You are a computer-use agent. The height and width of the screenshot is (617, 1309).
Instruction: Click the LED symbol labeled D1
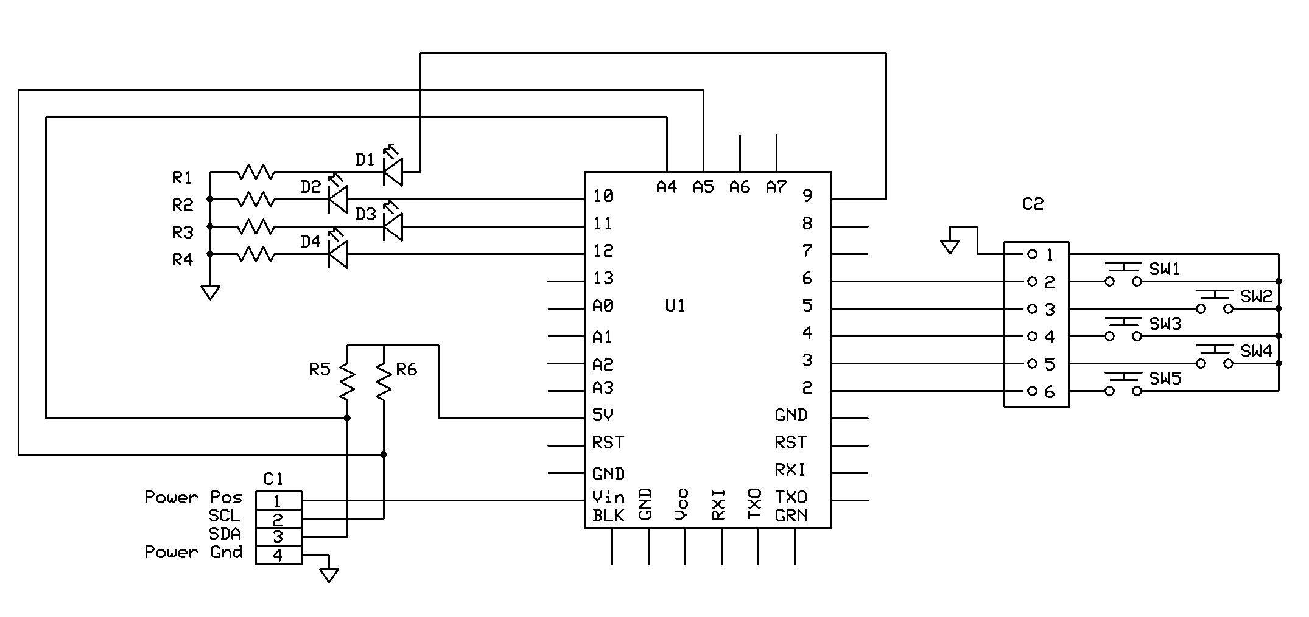tap(393, 172)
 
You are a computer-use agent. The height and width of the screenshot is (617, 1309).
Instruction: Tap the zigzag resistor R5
tap(347, 382)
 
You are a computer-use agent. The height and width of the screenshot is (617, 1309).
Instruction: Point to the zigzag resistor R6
tap(384, 382)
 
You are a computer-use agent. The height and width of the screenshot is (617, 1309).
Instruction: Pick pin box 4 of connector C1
tap(278, 556)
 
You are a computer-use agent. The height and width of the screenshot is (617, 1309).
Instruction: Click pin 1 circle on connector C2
tap(1032, 254)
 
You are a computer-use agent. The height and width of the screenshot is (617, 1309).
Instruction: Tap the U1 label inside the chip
tap(675, 305)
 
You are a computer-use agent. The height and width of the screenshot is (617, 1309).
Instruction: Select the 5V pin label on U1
tap(603, 415)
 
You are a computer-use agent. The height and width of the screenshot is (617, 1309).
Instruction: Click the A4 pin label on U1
tap(667, 187)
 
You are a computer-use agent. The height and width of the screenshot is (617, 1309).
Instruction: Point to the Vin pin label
tap(608, 497)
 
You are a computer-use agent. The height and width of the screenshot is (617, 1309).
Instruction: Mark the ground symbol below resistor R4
tap(210, 293)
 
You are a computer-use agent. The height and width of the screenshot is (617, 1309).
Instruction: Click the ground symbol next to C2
tap(950, 246)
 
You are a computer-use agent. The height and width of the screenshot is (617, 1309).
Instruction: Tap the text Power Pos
tap(193, 498)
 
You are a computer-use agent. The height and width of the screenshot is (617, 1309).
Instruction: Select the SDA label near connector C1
tap(225, 534)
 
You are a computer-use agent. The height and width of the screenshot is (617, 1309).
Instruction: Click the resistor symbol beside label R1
tap(256, 173)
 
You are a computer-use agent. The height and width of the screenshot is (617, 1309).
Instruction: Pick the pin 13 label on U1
tap(603, 279)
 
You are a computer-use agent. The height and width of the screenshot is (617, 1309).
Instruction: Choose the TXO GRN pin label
tap(791, 506)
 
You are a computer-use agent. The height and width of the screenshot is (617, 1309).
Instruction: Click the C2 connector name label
tap(1033, 204)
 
